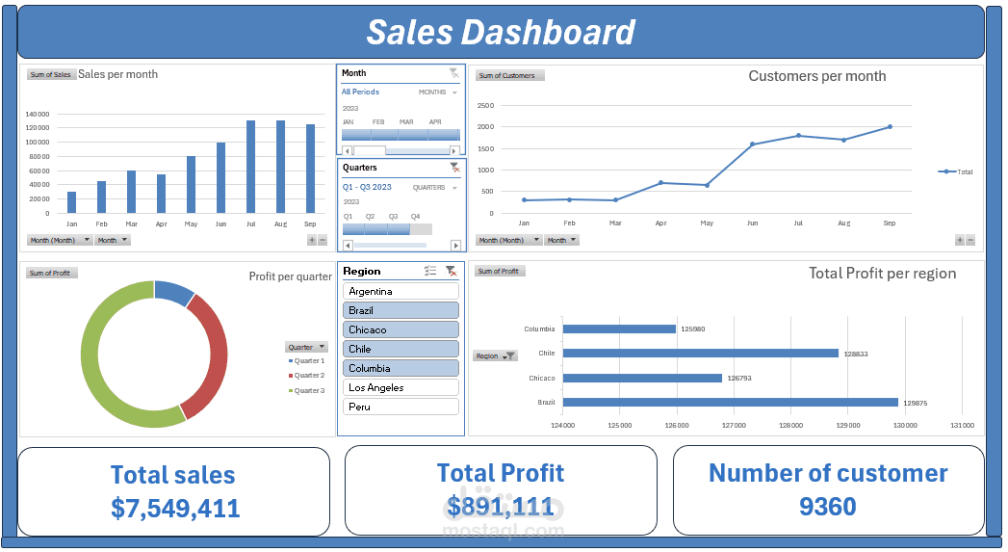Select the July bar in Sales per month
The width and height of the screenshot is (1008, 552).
[250, 167]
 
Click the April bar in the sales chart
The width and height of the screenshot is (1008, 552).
[161, 194]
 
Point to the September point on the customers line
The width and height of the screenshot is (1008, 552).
[890, 126]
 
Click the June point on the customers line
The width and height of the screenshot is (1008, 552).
[752, 145]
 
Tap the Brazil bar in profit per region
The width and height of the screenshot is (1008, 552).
[730, 402]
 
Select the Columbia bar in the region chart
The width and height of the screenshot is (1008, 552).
[619, 329]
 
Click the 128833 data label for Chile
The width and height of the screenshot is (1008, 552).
[856, 354]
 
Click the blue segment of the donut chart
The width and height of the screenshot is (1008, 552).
[173, 291]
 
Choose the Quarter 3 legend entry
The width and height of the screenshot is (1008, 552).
[308, 390]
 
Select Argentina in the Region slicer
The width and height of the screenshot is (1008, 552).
[401, 291]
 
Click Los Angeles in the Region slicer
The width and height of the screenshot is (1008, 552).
[401, 387]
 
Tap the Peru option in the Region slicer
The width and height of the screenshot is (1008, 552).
[401, 407]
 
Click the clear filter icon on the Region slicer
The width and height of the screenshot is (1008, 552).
[451, 272]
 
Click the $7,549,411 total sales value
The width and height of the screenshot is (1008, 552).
[175, 509]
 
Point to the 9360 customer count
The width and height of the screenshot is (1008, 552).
[827, 507]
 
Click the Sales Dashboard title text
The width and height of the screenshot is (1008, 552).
[501, 33]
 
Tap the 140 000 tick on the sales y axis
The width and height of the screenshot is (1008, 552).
[38, 114]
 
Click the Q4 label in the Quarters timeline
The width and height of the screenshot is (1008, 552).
[416, 217]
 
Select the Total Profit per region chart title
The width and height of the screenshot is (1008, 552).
[882, 274]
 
